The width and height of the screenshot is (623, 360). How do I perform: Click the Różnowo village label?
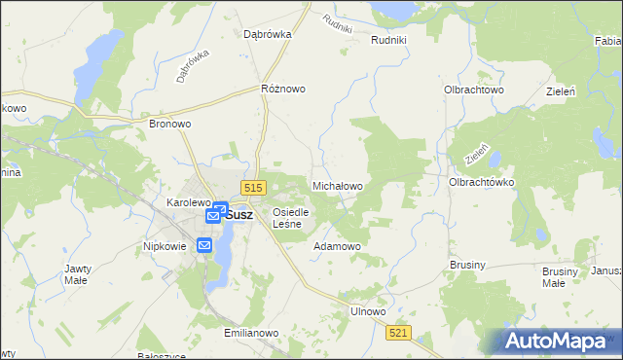click(283, 89)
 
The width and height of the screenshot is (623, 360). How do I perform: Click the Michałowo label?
click(337, 185)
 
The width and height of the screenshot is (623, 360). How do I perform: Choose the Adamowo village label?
click(337, 246)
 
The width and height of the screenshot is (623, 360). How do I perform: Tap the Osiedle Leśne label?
click(291, 218)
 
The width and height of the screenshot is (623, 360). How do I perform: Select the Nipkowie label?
click(165, 247)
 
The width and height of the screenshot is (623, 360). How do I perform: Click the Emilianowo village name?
click(251, 333)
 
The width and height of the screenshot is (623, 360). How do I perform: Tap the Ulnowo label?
click(368, 311)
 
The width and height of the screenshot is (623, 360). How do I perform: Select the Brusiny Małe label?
click(554, 277)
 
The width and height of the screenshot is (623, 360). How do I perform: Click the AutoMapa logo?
click(555, 341)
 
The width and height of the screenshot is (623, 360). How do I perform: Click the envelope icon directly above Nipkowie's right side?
click(204, 245)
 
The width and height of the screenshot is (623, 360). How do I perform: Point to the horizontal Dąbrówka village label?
click(269, 34)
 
